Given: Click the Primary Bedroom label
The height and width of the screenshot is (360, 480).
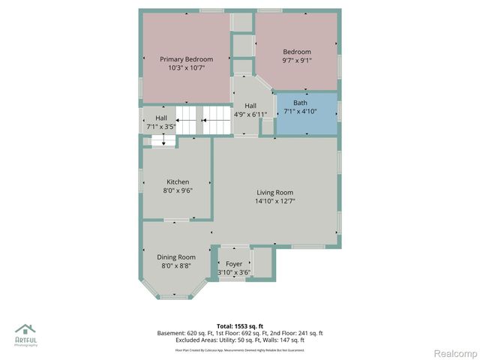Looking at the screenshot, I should point(186,59).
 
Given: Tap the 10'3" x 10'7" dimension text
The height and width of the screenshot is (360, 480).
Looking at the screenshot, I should point(186,67).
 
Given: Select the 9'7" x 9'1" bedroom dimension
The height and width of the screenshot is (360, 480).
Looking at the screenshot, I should point(297,60).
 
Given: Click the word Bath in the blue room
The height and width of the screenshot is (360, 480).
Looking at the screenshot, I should point(300,103).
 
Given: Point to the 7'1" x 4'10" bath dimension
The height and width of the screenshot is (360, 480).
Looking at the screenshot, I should point(300,112).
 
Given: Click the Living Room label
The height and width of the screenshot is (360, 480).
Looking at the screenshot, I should point(275,192).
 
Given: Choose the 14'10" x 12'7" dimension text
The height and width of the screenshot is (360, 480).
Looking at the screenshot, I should point(275,200).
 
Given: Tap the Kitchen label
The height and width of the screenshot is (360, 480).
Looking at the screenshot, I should point(178,182).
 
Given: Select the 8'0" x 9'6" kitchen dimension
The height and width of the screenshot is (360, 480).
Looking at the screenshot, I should point(178,190).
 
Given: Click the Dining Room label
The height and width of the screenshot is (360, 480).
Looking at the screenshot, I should point(176,257).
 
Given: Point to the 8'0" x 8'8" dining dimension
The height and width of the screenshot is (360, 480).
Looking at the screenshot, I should point(176,265).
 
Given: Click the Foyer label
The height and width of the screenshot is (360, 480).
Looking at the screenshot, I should point(234,264).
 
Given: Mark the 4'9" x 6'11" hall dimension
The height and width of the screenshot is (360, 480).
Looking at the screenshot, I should point(250,114).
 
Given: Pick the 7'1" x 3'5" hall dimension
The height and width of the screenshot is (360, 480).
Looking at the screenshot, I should point(160,127).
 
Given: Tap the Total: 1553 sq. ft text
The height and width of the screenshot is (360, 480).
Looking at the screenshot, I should point(240,326).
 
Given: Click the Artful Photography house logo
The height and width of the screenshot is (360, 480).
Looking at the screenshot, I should point(25,330).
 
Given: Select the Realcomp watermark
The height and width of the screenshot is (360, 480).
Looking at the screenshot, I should point(455,353).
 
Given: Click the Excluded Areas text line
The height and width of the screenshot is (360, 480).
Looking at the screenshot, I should point(240,340).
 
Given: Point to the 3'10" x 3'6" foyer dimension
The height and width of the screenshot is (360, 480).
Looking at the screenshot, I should point(234,272).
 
